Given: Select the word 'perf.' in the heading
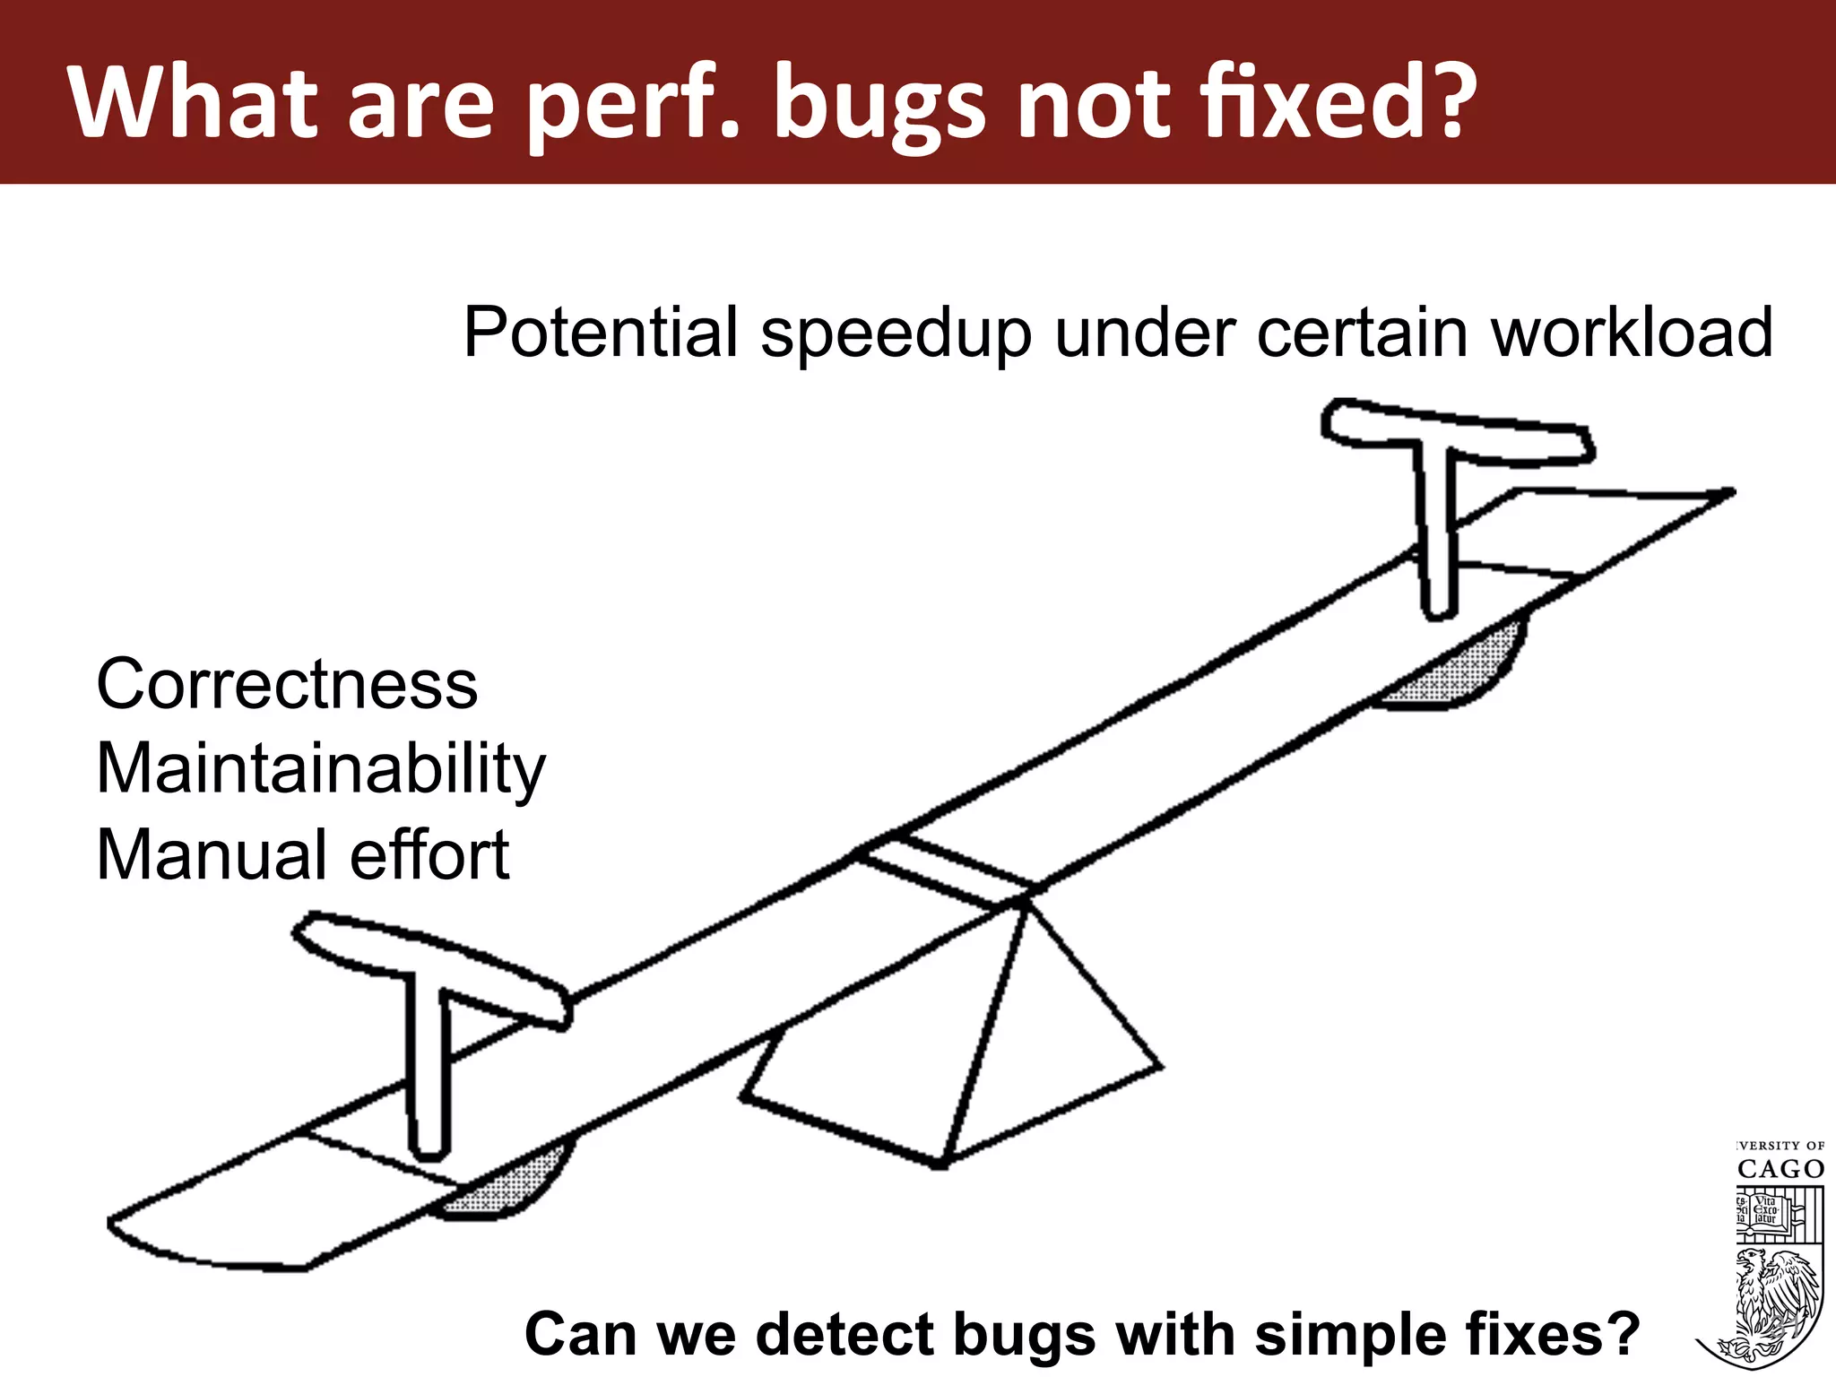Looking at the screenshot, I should coord(633,106).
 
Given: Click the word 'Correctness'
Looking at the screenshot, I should coord(287,684).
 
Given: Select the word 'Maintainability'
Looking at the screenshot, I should coord(320,770).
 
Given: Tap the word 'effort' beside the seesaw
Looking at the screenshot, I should coord(429,854).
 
